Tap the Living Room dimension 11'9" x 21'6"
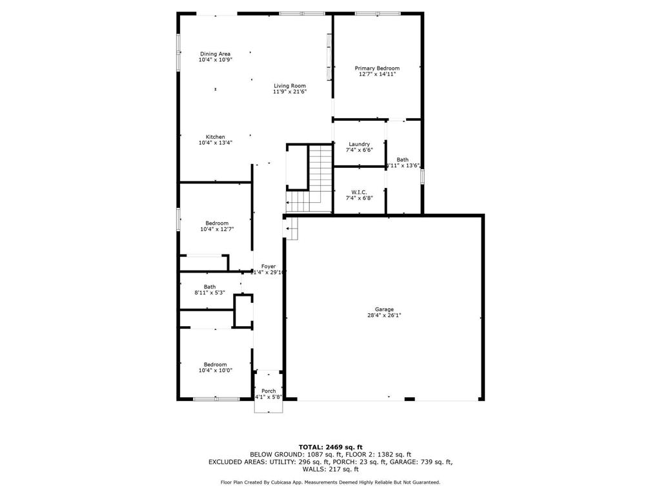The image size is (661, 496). tap(289, 92)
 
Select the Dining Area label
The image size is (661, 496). tap(215, 54)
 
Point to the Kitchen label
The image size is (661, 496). tap(215, 137)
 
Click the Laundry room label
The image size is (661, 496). tap(359, 144)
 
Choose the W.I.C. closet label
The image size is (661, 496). tap(359, 192)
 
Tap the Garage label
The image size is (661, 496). tap(385, 309)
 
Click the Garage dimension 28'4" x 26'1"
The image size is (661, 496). tap(385, 316)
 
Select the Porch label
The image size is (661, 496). tap(269, 391)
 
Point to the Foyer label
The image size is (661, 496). tap(269, 266)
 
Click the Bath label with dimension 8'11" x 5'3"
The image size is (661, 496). tap(210, 287)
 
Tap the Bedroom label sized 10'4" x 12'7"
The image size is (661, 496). tap(217, 223)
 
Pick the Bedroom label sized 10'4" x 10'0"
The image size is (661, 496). tap(216, 364)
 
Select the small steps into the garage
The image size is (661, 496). tap(292, 228)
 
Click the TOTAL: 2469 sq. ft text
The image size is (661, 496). tap(330, 447)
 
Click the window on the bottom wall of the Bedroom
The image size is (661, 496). tap(216, 399)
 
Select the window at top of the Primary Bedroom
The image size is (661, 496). tap(377, 13)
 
